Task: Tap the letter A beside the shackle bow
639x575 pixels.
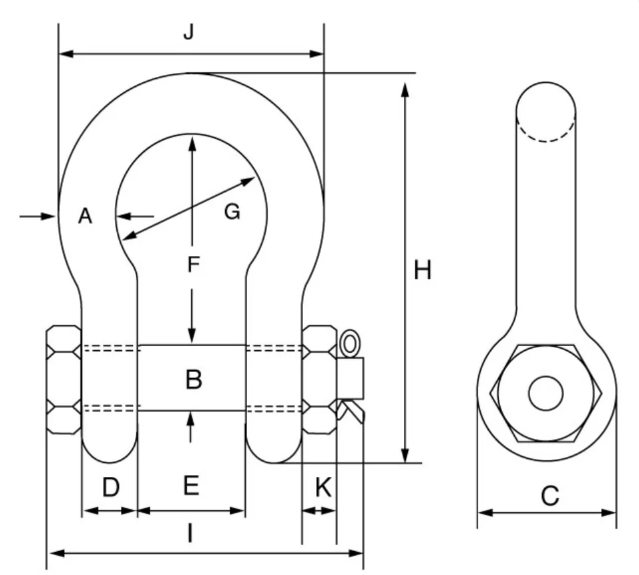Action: click(84, 216)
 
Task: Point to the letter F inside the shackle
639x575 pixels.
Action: click(192, 265)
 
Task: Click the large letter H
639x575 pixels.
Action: click(422, 271)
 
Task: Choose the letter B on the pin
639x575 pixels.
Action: click(193, 379)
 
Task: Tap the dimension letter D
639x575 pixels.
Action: click(110, 487)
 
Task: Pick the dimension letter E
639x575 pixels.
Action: click(191, 487)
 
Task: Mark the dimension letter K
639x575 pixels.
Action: click(322, 487)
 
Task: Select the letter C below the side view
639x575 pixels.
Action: click(549, 495)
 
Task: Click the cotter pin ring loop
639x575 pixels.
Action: click(349, 343)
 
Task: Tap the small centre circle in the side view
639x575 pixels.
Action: click(545, 393)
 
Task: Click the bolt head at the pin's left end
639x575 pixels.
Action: click(63, 379)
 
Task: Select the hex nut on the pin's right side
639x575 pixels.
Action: click(319, 379)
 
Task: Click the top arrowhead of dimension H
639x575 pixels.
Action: click(405, 89)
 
